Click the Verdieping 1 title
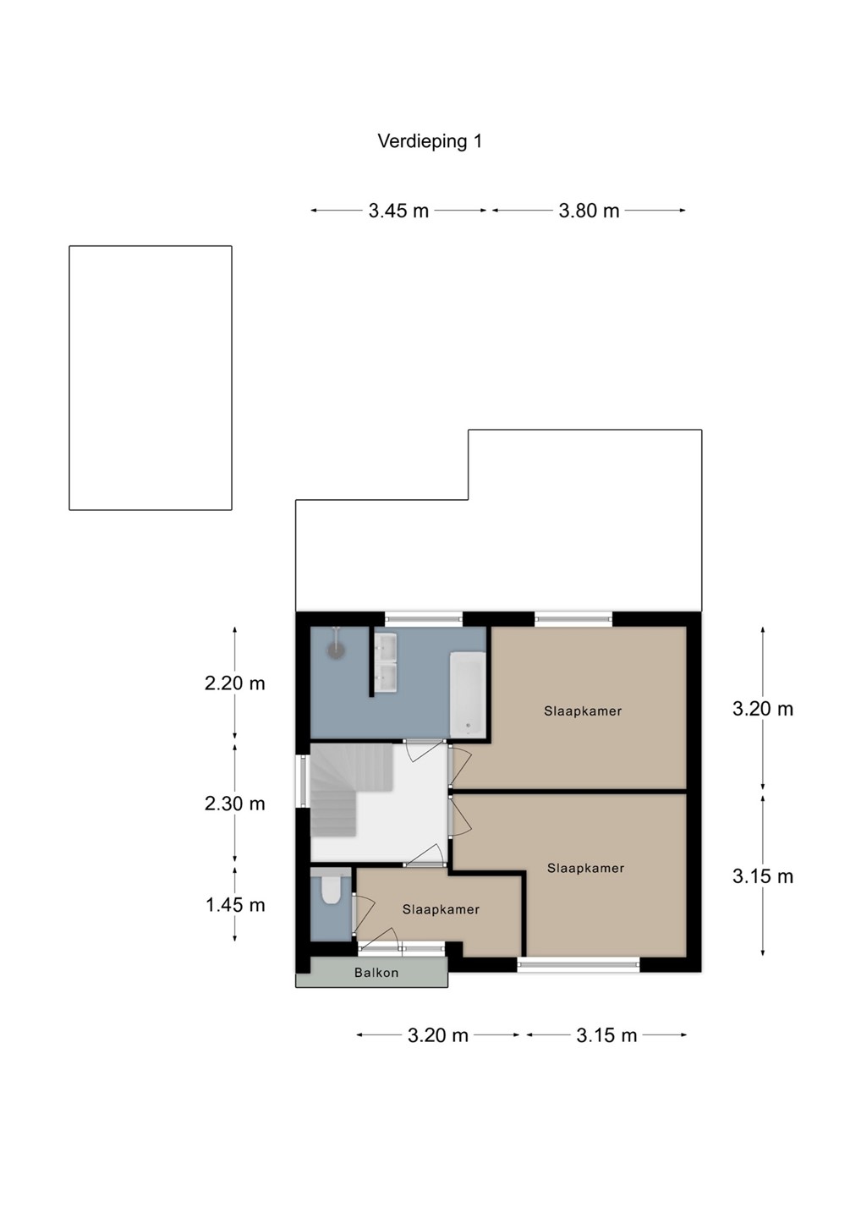430,141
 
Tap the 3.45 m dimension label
398,211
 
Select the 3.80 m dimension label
589,211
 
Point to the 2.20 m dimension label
235,683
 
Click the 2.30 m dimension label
235,804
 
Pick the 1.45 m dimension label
235,905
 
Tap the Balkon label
376,972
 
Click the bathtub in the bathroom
467,694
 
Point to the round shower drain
336,650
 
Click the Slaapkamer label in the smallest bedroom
441,909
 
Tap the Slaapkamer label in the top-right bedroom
583,710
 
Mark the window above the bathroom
424,618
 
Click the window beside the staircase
302,780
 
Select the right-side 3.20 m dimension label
763,709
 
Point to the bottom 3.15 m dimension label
606,1035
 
